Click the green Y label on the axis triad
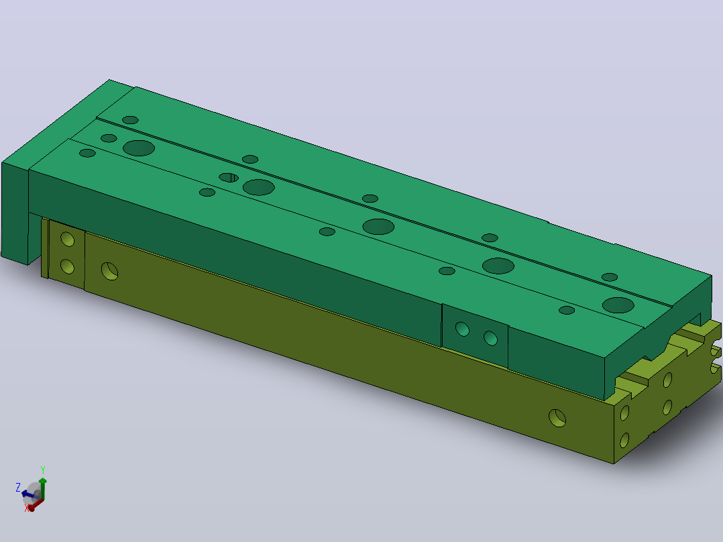tap(43, 470)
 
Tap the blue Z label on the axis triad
tap(19, 487)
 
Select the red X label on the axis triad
tap(27, 508)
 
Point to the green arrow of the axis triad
tap(42, 489)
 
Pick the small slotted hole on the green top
tap(229, 178)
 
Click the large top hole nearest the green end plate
tap(139, 148)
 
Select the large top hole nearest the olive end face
tap(618, 305)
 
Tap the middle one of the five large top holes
tap(378, 227)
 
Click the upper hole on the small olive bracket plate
tap(67, 239)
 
